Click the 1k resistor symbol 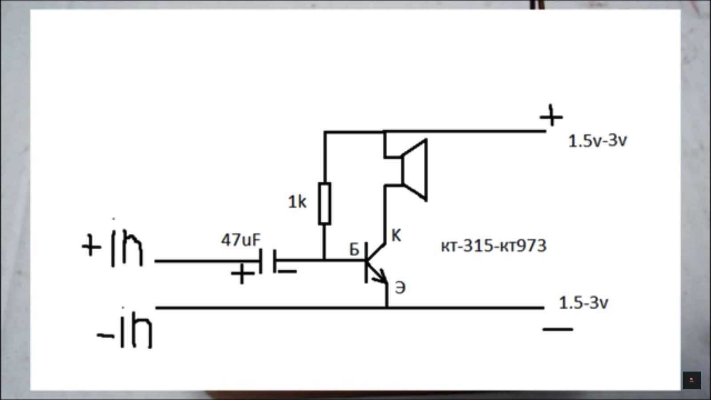(325, 203)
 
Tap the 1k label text (297, 202)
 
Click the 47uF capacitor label (240, 240)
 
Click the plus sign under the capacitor (242, 274)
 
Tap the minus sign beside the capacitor (287, 271)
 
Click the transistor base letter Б (354, 250)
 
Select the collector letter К (396, 236)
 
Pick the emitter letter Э (400, 288)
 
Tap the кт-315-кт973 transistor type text (493, 246)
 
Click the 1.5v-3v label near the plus (597, 141)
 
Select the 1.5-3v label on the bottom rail (583, 303)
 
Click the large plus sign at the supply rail (551, 116)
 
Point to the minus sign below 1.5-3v (558, 329)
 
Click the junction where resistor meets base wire (325, 260)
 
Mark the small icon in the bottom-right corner (691, 380)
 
